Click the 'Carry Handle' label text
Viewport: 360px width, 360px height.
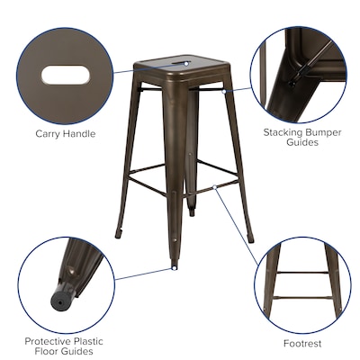(x=65, y=134)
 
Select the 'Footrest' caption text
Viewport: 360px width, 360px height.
(x=302, y=343)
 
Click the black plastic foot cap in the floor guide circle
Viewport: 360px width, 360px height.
(x=62, y=293)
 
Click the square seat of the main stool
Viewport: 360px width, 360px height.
(x=180, y=67)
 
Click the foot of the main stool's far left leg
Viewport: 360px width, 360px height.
(x=119, y=236)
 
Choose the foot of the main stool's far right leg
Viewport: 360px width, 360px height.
(x=250, y=240)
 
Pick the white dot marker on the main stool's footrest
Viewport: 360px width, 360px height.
(x=214, y=187)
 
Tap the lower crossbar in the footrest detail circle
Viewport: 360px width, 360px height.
(x=302, y=297)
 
